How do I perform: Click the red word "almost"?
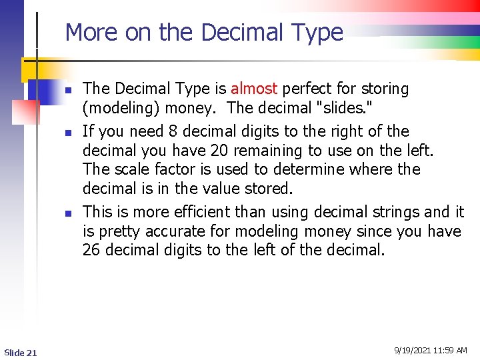[x=254, y=89]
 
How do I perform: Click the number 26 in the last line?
[x=91, y=251]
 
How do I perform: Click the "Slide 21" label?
[x=21, y=352]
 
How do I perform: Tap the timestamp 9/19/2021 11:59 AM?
[x=430, y=351]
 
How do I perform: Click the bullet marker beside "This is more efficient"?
[x=68, y=213]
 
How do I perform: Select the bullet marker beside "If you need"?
[x=68, y=133]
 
